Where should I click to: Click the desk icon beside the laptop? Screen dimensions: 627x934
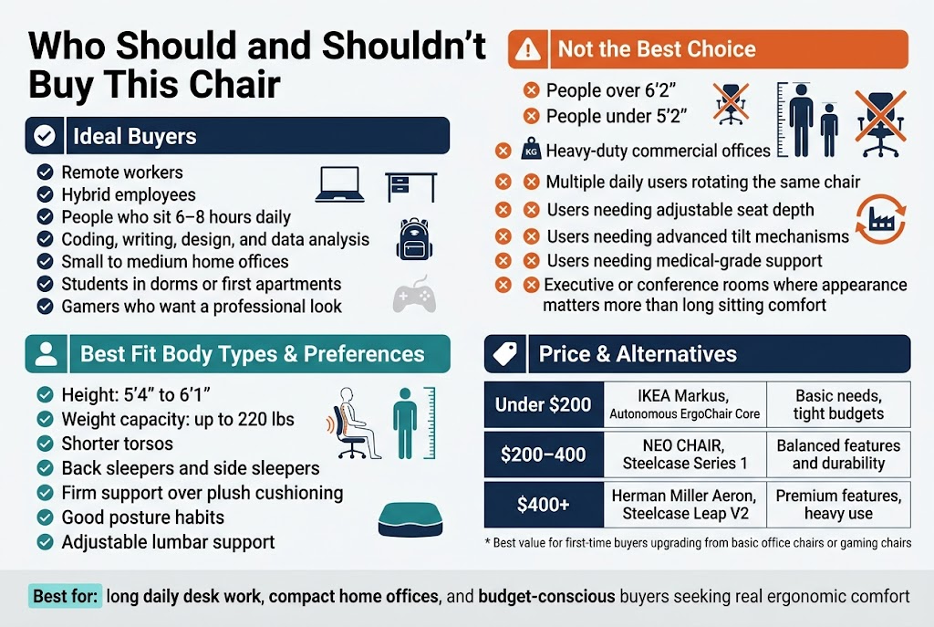click(x=410, y=186)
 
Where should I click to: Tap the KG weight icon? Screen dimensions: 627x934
click(x=531, y=151)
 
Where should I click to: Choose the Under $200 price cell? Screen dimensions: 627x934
click(x=543, y=404)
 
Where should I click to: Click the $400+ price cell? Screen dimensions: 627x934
click(x=543, y=504)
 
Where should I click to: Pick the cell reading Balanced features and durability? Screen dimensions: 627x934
click(x=838, y=455)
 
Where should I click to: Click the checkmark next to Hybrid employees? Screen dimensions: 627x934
click(x=43, y=194)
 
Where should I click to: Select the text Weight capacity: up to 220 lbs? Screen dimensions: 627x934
click(x=178, y=420)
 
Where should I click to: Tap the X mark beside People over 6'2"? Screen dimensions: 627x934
click(x=531, y=90)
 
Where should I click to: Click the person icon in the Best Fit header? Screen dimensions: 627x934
click(x=45, y=354)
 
